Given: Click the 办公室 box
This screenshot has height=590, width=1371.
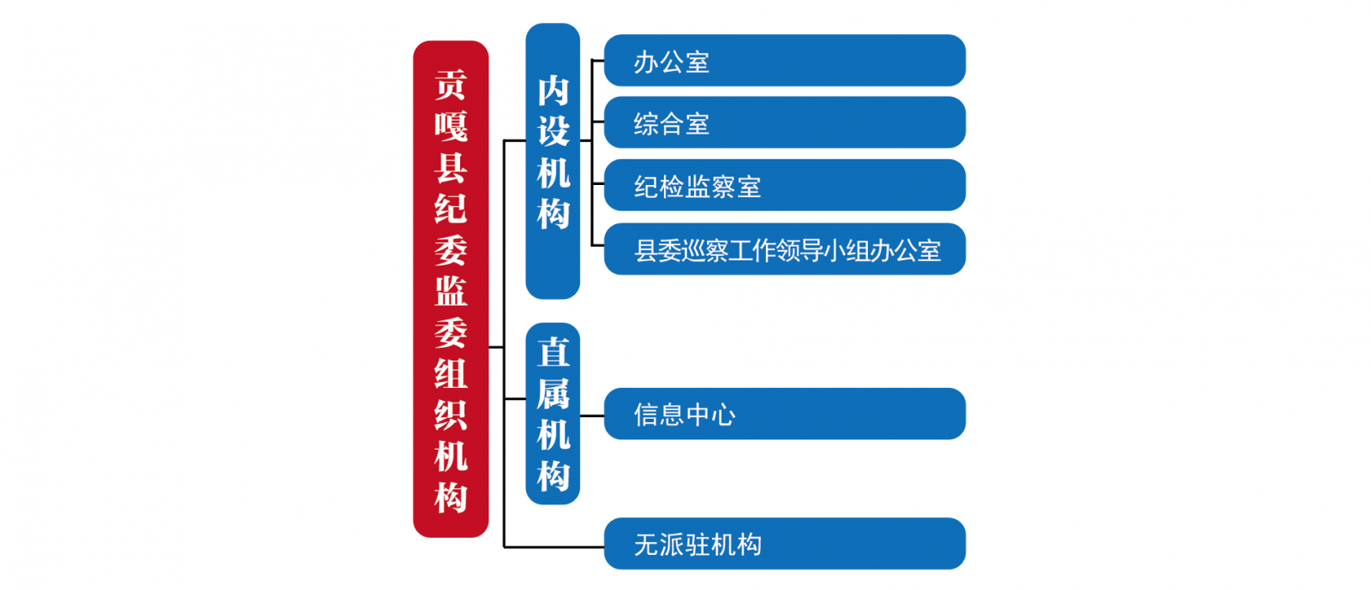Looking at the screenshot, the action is click(785, 61).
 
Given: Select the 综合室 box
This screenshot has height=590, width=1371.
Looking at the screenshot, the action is click(785, 122).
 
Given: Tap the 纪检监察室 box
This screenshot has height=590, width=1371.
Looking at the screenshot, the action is click(785, 185).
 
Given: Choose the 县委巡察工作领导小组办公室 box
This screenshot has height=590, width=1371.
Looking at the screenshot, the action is click(785, 249).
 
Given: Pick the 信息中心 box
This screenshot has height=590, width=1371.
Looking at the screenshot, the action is click(785, 414).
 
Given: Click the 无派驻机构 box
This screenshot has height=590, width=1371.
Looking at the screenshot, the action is click(785, 544).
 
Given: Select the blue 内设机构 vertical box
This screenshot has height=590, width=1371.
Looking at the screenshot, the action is click(553, 161).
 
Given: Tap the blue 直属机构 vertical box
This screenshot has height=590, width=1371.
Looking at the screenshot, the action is click(553, 414).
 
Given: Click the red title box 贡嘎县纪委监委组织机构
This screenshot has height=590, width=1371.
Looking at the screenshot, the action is click(451, 289).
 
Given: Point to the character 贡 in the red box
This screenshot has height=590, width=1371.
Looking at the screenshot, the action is click(451, 85).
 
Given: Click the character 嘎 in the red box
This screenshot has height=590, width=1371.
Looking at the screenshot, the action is click(451, 126).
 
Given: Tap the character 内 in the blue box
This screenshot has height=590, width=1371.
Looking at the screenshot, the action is click(554, 91).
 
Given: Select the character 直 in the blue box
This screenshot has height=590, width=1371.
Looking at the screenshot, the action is click(554, 352).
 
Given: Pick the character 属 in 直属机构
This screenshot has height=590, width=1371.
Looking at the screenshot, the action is click(554, 394).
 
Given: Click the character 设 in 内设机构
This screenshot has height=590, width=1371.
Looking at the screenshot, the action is click(554, 132).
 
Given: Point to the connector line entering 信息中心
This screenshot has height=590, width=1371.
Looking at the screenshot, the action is click(592, 416).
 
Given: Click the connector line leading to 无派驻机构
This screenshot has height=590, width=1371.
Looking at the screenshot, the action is click(554, 546).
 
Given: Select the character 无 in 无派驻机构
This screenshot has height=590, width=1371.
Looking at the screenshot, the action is click(646, 545).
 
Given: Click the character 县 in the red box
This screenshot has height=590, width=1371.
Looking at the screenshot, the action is click(451, 167).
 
